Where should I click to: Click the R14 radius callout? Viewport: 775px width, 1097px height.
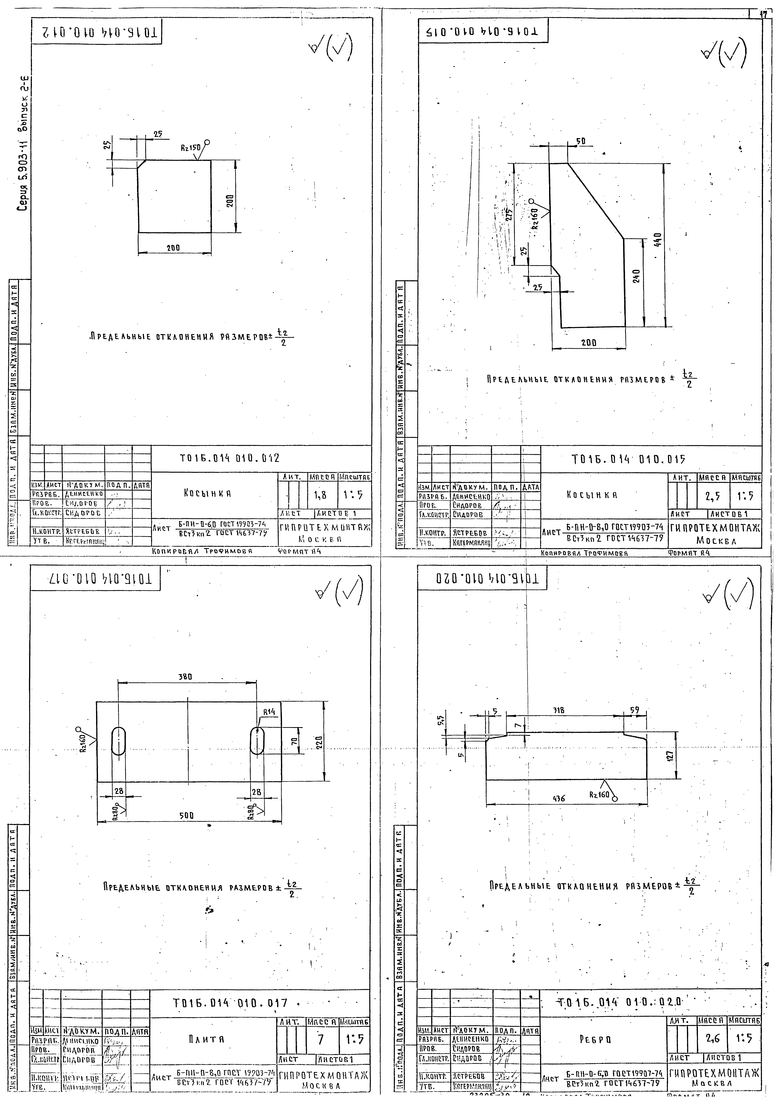pos(270,711)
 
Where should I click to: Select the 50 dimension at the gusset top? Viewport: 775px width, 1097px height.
pos(580,142)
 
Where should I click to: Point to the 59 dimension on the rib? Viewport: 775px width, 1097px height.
pos(635,710)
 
